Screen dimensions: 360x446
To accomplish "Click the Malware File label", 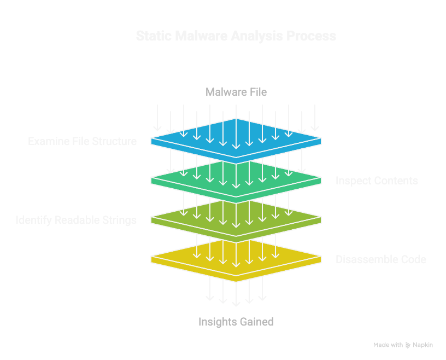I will tap(236, 91).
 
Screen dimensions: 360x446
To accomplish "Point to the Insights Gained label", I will tap(236, 322).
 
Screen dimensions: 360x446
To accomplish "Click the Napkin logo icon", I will tap(408, 345).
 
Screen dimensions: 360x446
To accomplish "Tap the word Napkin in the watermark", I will tap(423, 345).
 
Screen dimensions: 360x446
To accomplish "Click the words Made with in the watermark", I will tap(388, 345).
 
